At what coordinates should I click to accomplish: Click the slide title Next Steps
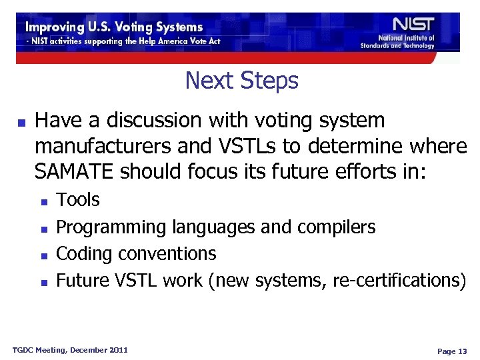pos(241,81)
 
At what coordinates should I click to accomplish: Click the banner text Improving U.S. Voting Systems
pos(114,27)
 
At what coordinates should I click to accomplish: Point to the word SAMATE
pos(75,171)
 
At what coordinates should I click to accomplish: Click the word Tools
pos(78,200)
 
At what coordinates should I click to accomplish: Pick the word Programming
pos(111,227)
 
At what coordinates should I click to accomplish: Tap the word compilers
pos(334,227)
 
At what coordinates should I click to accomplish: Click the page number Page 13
pos(452,351)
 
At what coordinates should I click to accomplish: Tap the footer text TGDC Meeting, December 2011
pos(71,350)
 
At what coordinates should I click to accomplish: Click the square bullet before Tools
pos(43,201)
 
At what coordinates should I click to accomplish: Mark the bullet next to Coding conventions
pos(43,255)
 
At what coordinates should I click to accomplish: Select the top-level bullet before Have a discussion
pos(21,123)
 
